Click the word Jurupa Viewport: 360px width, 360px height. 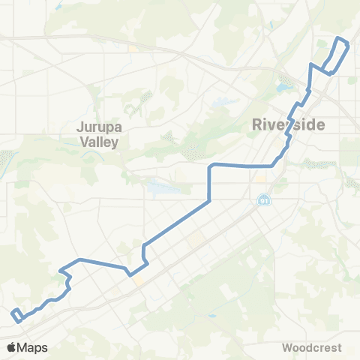pos(98,127)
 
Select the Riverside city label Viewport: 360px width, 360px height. pos(289,124)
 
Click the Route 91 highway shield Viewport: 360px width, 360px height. pos(263,200)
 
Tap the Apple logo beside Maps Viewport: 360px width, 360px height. pos(13,347)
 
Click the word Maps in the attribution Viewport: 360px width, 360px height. pos(33,347)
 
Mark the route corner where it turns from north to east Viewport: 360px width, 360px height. pos(210,165)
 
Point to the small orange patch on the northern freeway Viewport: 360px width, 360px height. pos(132,49)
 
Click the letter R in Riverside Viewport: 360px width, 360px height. pos(258,124)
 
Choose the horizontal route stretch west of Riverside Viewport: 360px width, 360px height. pos(240,164)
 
